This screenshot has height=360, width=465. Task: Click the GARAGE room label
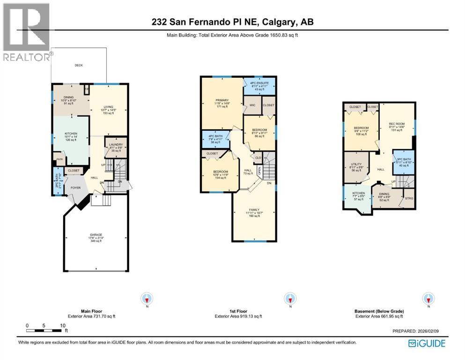96,235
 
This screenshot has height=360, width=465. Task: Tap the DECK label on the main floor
79,65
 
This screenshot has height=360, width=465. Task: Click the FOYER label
76,188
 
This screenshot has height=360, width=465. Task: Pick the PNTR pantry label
59,159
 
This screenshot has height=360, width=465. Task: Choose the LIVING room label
109,106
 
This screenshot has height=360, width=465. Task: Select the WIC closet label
251,105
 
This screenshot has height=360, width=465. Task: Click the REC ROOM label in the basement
396,125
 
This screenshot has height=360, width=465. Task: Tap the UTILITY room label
356,165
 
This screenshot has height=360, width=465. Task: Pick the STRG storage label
408,198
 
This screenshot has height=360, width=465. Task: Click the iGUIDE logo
427,343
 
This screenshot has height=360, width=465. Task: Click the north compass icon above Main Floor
148,299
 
